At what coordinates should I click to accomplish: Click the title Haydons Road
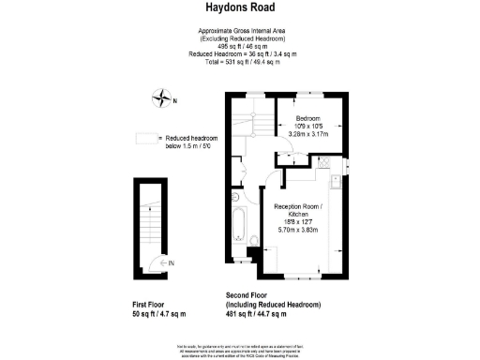(x=239, y=8)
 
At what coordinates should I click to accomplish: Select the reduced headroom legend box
(x=144, y=138)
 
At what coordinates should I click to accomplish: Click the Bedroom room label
(x=308, y=118)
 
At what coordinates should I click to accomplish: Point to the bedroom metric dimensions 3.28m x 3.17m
(x=308, y=134)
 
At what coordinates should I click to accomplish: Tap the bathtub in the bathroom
(x=236, y=225)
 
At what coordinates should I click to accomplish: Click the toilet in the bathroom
(x=254, y=242)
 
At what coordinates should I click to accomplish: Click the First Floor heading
(x=152, y=306)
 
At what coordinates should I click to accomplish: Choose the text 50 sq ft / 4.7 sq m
(x=159, y=315)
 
